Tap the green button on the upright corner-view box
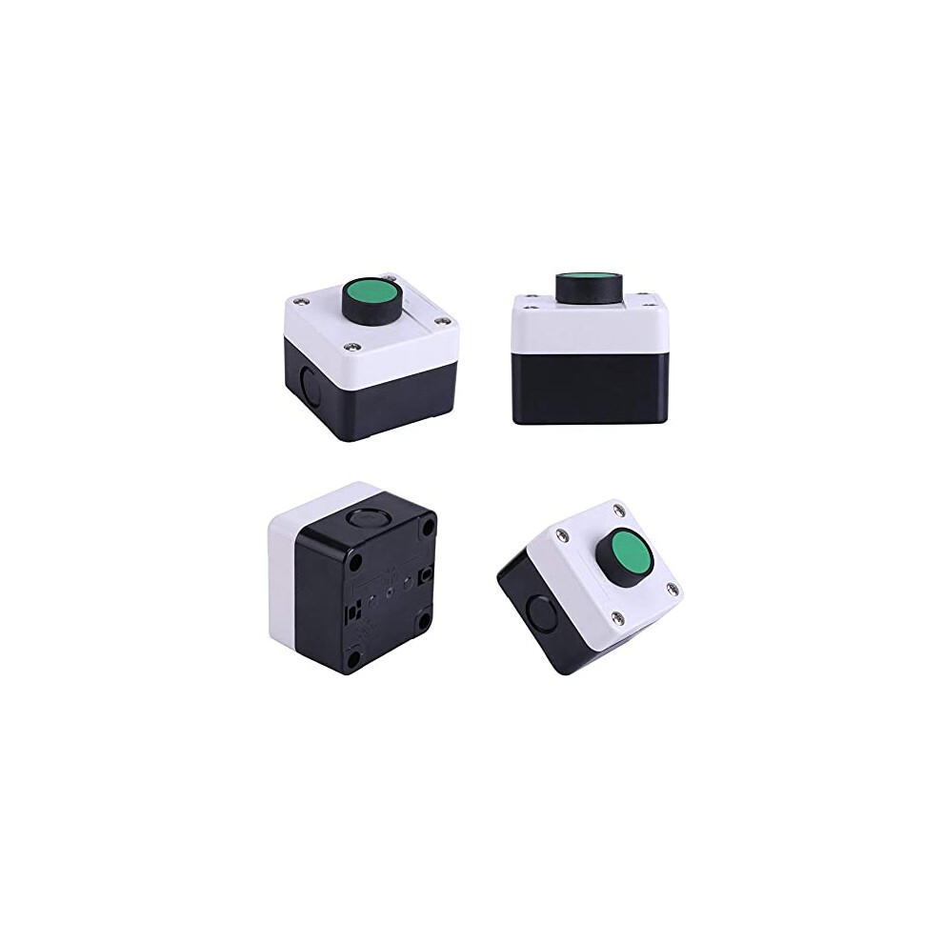(368, 290)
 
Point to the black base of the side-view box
(591, 388)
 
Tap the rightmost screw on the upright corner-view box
(439, 321)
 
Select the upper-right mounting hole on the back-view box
(424, 526)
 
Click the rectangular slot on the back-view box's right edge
(427, 574)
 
